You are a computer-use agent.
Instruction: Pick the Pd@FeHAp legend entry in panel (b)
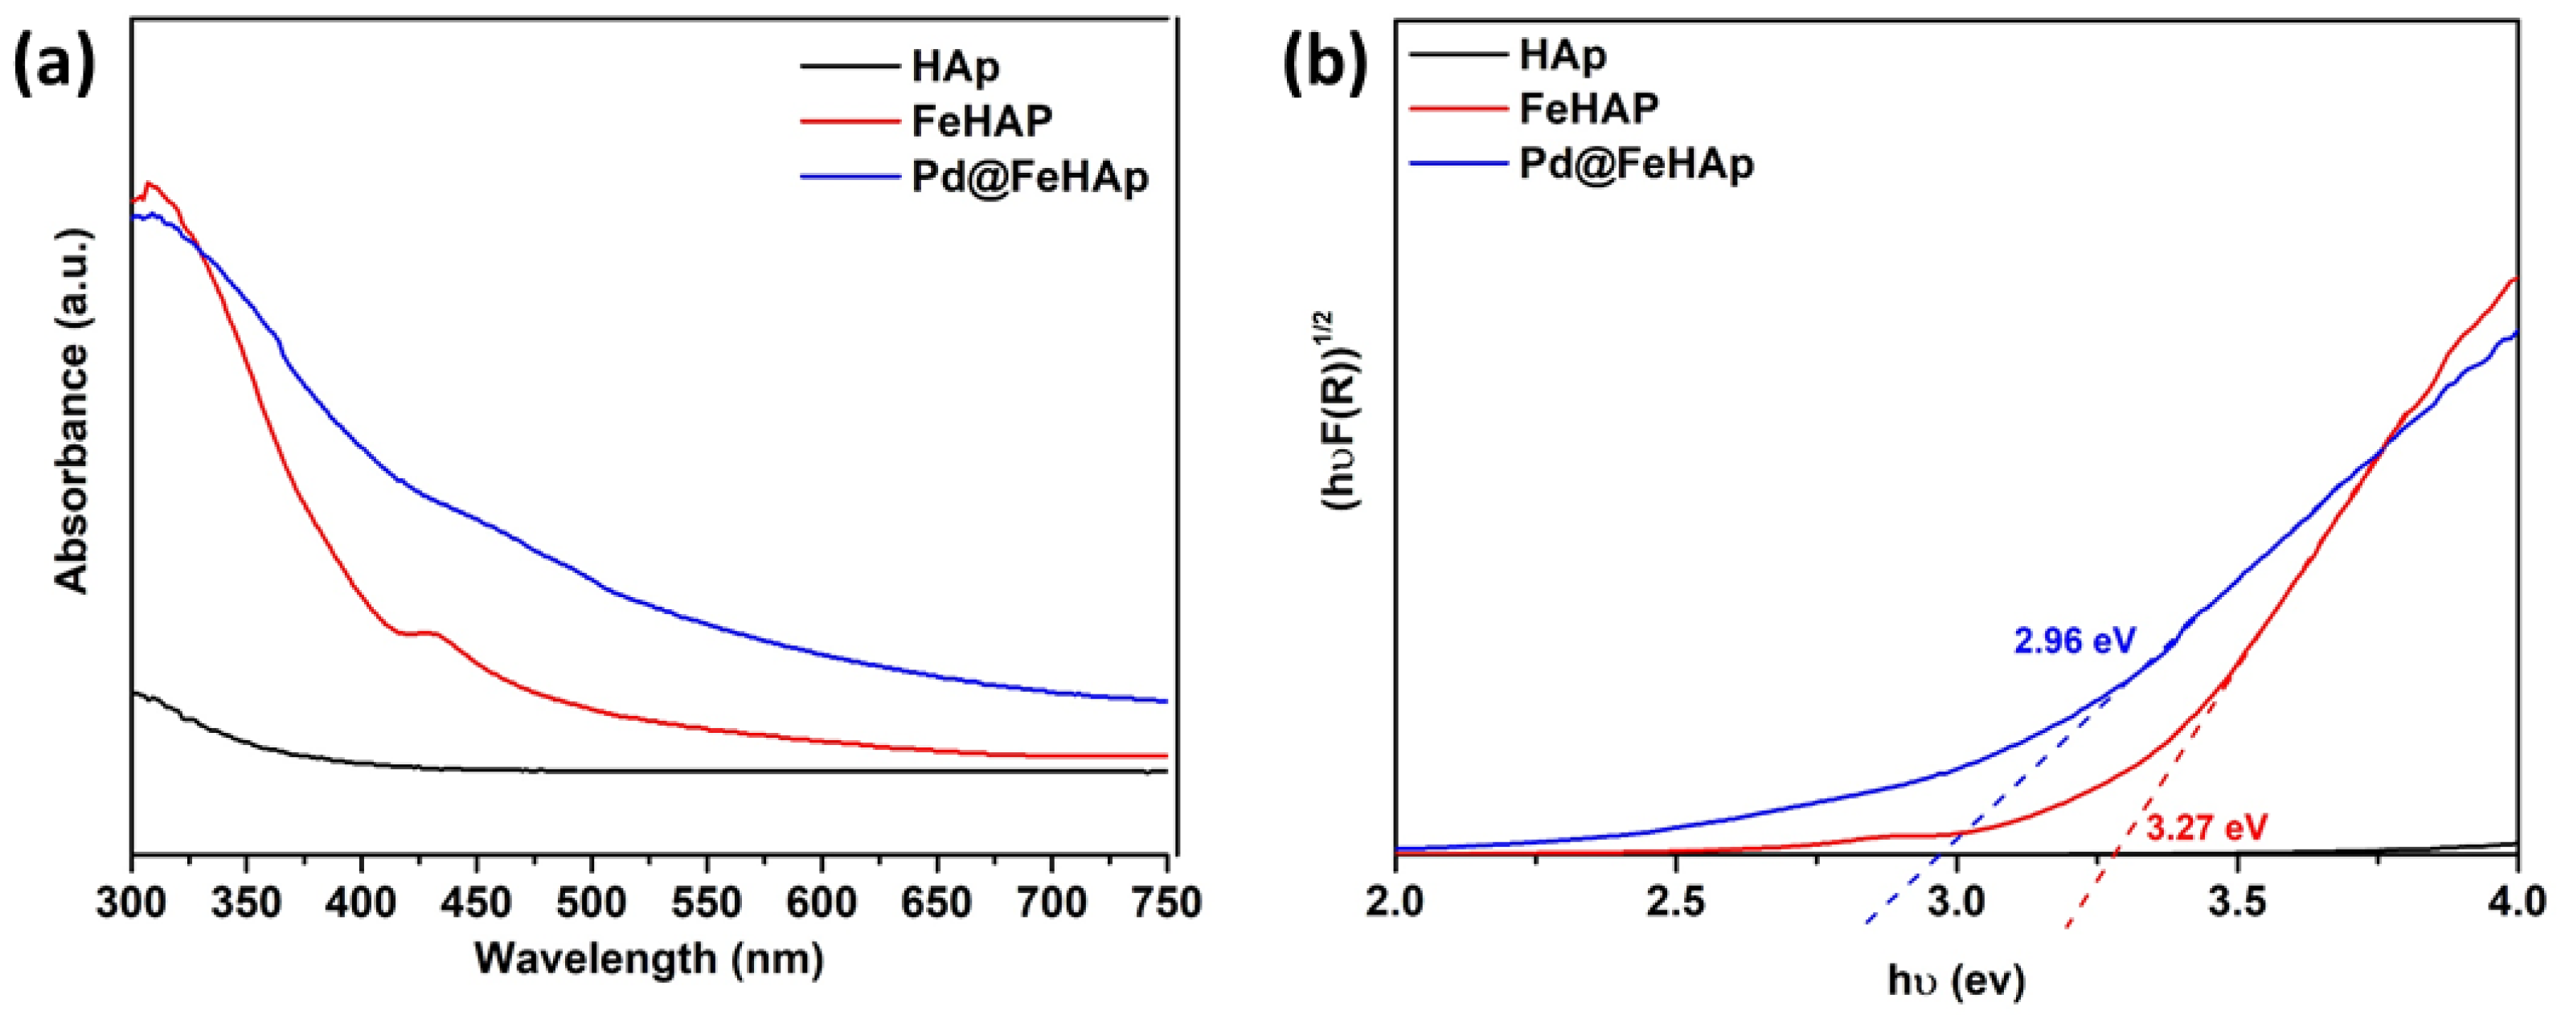[1636, 164]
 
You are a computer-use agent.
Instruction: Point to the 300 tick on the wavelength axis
[132, 902]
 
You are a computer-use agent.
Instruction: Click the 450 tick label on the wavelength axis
[477, 902]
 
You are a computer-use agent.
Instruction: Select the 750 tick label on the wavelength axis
[1167, 902]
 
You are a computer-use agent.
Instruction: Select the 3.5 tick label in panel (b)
[2236, 902]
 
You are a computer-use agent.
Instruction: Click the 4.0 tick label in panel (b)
[2518, 902]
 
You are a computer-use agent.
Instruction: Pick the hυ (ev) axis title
[1956, 980]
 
